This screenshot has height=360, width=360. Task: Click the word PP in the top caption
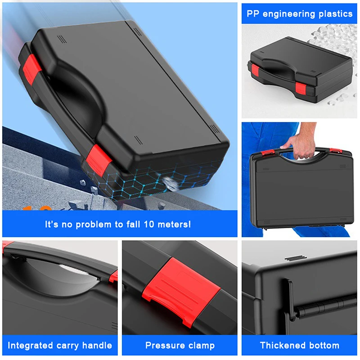252,13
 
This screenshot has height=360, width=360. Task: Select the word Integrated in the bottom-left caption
29,346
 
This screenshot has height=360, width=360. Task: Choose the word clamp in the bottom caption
199,346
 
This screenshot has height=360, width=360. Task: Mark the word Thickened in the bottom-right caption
282,346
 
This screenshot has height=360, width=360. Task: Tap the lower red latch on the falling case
98,157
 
